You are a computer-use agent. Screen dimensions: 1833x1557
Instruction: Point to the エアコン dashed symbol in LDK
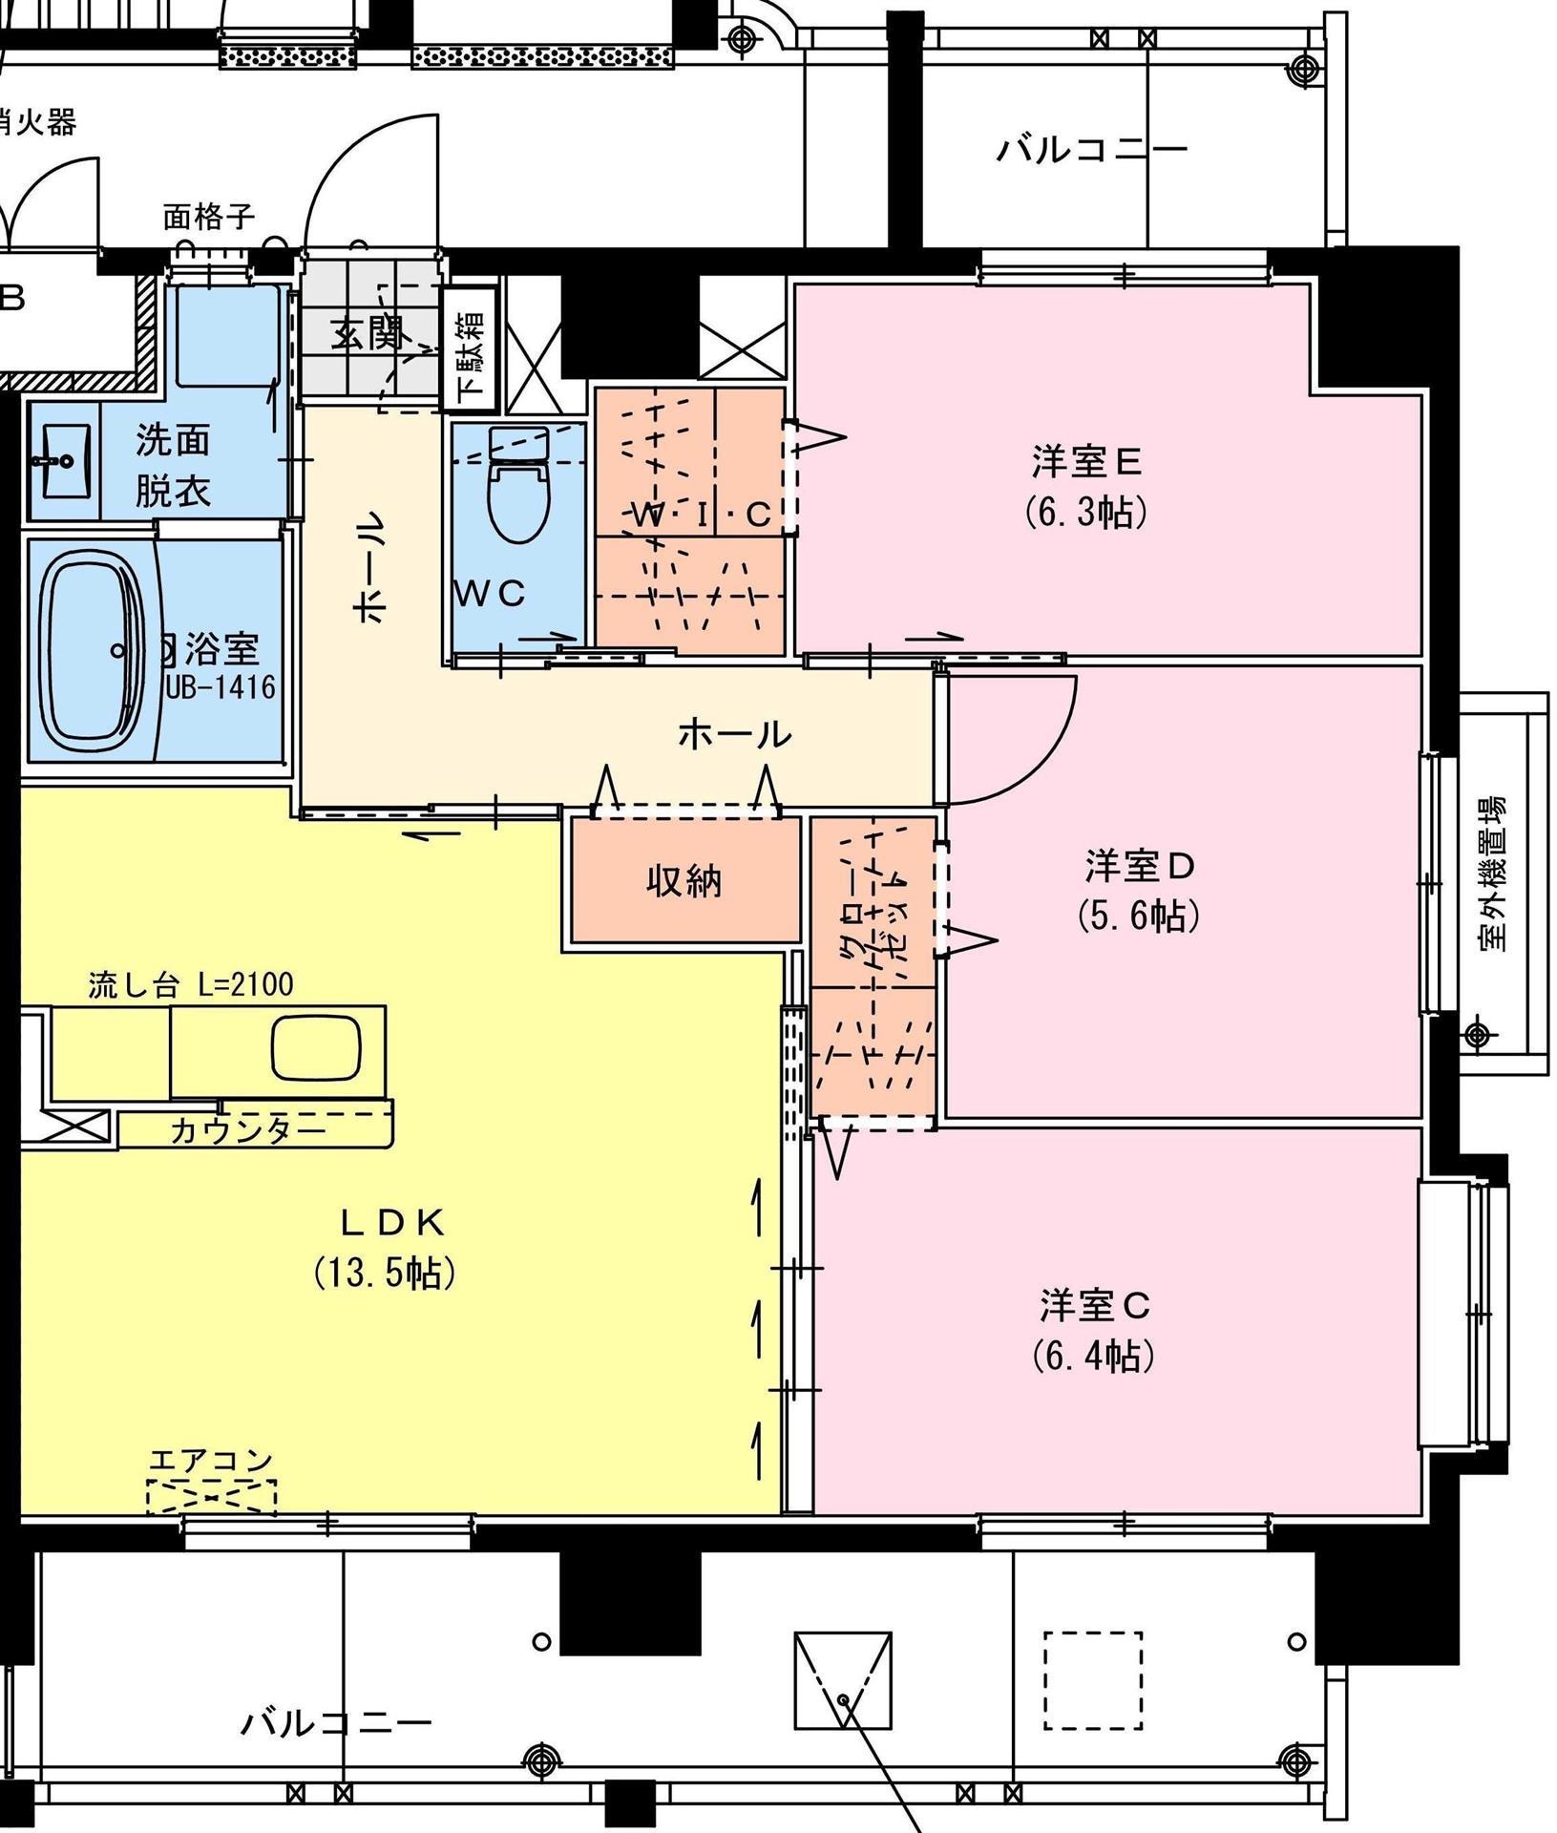pyautogui.click(x=211, y=1496)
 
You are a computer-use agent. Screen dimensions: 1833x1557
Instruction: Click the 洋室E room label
pyautogui.click(x=1086, y=462)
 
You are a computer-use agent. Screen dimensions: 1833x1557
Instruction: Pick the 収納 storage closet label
pyautogui.click(x=684, y=881)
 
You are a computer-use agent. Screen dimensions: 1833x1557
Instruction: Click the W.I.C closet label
pyautogui.click(x=702, y=516)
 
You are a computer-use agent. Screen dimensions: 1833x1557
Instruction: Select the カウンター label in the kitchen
pyautogui.click(x=248, y=1131)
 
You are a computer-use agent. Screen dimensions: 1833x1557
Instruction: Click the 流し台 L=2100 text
pyautogui.click(x=190, y=984)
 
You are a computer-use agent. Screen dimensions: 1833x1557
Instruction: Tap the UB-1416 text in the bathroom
pyautogui.click(x=221, y=686)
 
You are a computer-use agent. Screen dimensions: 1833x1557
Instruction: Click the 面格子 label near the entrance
pyautogui.click(x=208, y=217)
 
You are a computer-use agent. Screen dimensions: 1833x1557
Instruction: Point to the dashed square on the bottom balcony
pyautogui.click(x=1092, y=1680)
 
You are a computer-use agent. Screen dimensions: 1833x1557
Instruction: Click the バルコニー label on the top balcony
pyautogui.click(x=1091, y=150)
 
